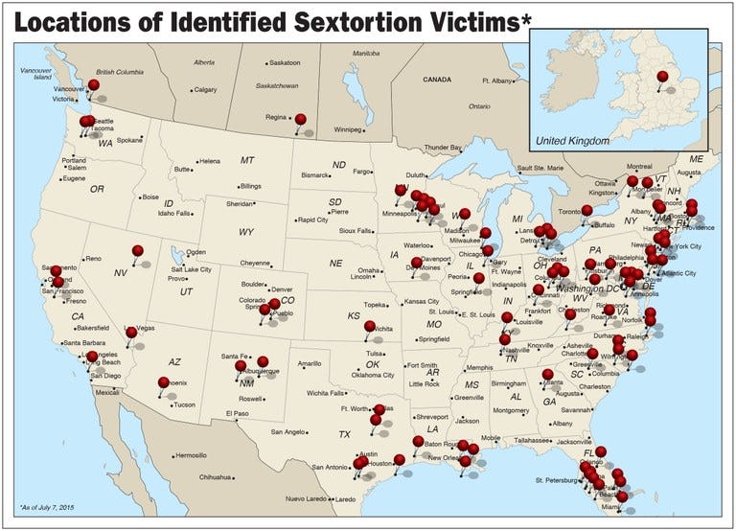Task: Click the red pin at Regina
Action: (x=300, y=119)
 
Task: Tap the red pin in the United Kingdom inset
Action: (x=662, y=77)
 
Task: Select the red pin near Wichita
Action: (x=370, y=327)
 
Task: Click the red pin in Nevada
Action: (x=138, y=251)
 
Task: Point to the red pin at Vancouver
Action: (x=93, y=84)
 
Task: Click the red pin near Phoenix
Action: (x=164, y=383)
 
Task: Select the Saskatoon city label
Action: (x=284, y=62)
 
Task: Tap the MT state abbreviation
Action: (x=247, y=160)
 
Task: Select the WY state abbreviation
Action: (x=246, y=232)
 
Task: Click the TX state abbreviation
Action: (x=344, y=434)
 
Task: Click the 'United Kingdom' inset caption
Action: (x=572, y=141)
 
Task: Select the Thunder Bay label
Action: (x=443, y=148)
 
